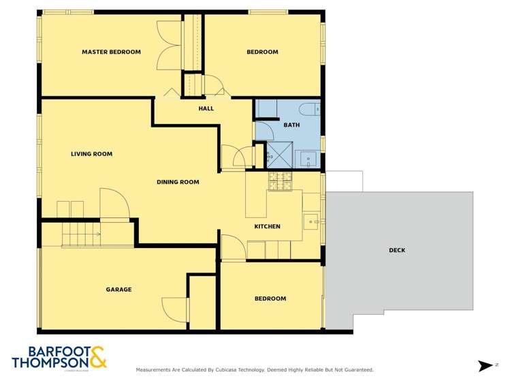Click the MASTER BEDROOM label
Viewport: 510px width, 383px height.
[111, 52]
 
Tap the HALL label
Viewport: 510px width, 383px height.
[206, 108]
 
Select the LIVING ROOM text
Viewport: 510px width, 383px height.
[91, 154]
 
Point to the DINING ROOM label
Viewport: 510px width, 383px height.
[178, 182]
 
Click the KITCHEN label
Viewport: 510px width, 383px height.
[267, 226]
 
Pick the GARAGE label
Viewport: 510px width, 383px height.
[118, 290]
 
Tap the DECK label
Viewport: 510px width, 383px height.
[397, 250]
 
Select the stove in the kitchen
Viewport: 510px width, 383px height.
[280, 181]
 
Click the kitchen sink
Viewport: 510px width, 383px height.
[311, 221]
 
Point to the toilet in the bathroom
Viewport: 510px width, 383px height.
[310, 108]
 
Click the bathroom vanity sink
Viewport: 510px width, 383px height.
[309, 159]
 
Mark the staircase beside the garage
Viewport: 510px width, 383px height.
[81, 236]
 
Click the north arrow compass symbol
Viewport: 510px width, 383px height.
[485, 366]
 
